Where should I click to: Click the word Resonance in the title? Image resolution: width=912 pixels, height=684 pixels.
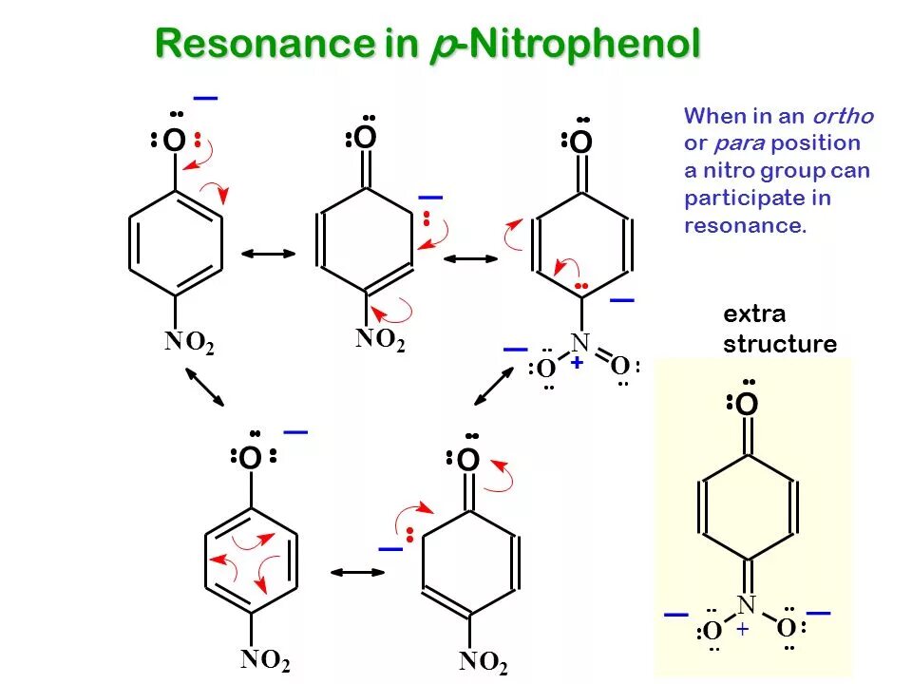point(250,44)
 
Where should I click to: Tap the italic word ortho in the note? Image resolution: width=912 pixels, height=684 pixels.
point(842,117)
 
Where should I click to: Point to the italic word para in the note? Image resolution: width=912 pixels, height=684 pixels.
point(734,144)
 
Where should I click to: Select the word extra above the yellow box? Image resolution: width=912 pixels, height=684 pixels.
point(754,314)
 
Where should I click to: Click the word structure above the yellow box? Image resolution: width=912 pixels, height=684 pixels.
point(780,344)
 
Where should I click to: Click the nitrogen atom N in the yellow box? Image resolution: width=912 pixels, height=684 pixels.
point(747,604)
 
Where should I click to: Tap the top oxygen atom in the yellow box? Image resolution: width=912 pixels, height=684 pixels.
point(748,406)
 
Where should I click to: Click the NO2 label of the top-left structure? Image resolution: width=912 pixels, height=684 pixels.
point(189,344)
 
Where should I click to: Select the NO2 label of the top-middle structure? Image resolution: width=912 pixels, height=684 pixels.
point(380,340)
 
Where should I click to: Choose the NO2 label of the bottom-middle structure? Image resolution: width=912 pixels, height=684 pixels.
point(484,662)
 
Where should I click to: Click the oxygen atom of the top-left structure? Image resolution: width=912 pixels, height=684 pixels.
point(174,142)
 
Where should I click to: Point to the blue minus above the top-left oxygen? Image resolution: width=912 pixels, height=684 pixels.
point(205,98)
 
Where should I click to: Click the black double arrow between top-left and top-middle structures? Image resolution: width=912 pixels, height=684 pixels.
point(269,254)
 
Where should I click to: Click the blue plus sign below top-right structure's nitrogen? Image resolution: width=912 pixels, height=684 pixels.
point(577,362)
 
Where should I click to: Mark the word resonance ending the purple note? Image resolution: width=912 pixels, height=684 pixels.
point(744,226)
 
